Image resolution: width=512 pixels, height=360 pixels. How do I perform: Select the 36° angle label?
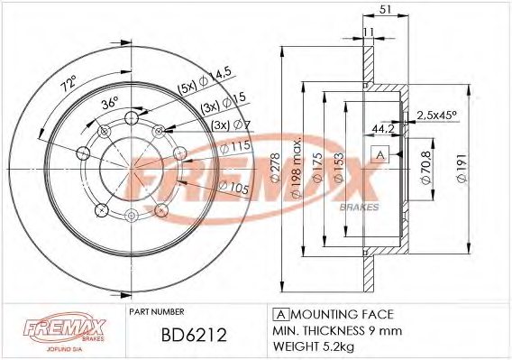click(109, 104)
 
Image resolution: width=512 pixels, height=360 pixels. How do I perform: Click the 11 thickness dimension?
click(368, 33)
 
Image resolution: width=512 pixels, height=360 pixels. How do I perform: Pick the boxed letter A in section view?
click(381, 156)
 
